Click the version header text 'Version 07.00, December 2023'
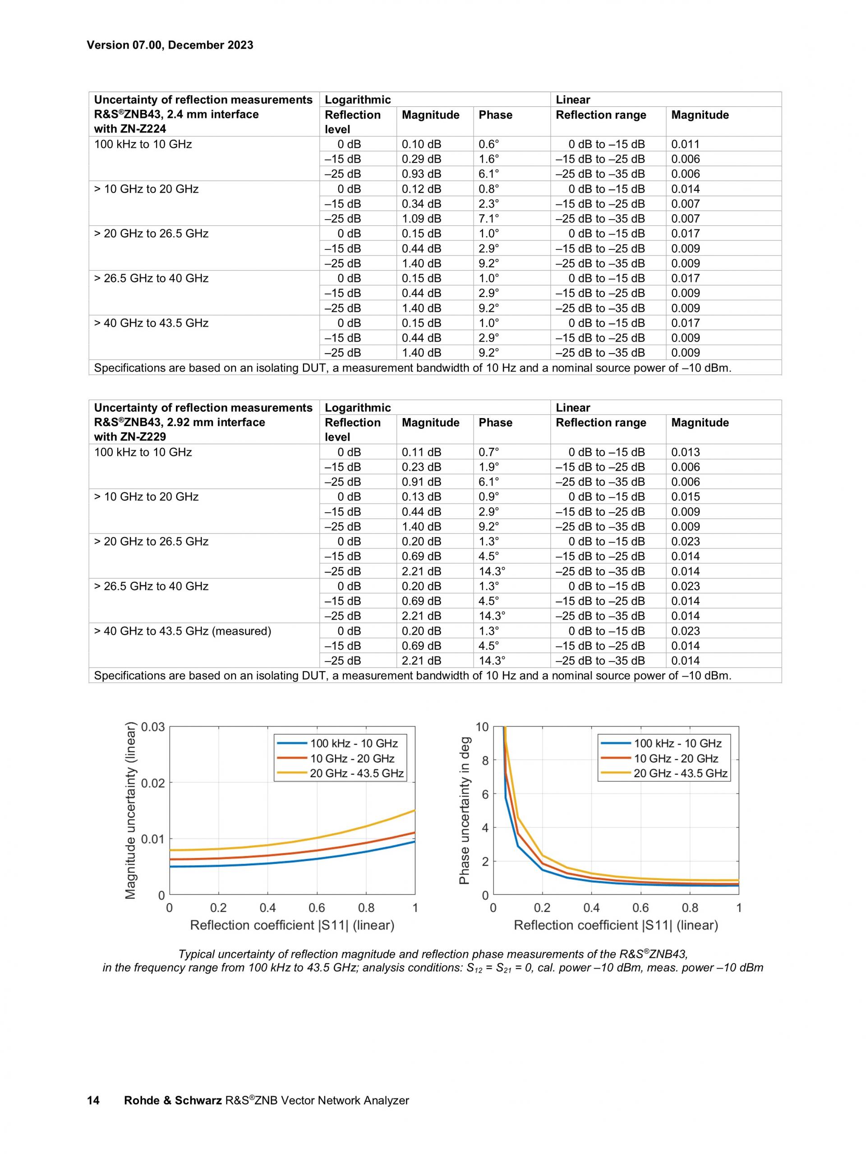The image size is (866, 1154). pyautogui.click(x=170, y=45)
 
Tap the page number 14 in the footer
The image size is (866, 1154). pyautogui.click(x=93, y=1100)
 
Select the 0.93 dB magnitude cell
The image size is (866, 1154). pyautogui.click(x=421, y=174)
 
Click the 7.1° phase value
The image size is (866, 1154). pyautogui.click(x=488, y=219)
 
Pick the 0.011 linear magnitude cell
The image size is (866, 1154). pyautogui.click(x=685, y=144)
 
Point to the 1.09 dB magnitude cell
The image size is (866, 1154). pyautogui.click(x=421, y=219)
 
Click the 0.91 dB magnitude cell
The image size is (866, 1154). pyautogui.click(x=421, y=482)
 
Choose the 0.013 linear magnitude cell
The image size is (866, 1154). pyautogui.click(x=685, y=452)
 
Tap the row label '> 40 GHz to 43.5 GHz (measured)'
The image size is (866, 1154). pyautogui.click(x=183, y=631)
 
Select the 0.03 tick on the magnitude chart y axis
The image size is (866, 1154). pyautogui.click(x=153, y=727)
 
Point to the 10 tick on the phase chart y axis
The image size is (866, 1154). pyautogui.click(x=482, y=727)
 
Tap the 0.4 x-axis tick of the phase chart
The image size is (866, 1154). pyautogui.click(x=591, y=907)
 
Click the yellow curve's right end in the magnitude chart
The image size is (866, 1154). pyautogui.click(x=414, y=810)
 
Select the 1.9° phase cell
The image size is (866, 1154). pyautogui.click(x=488, y=467)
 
